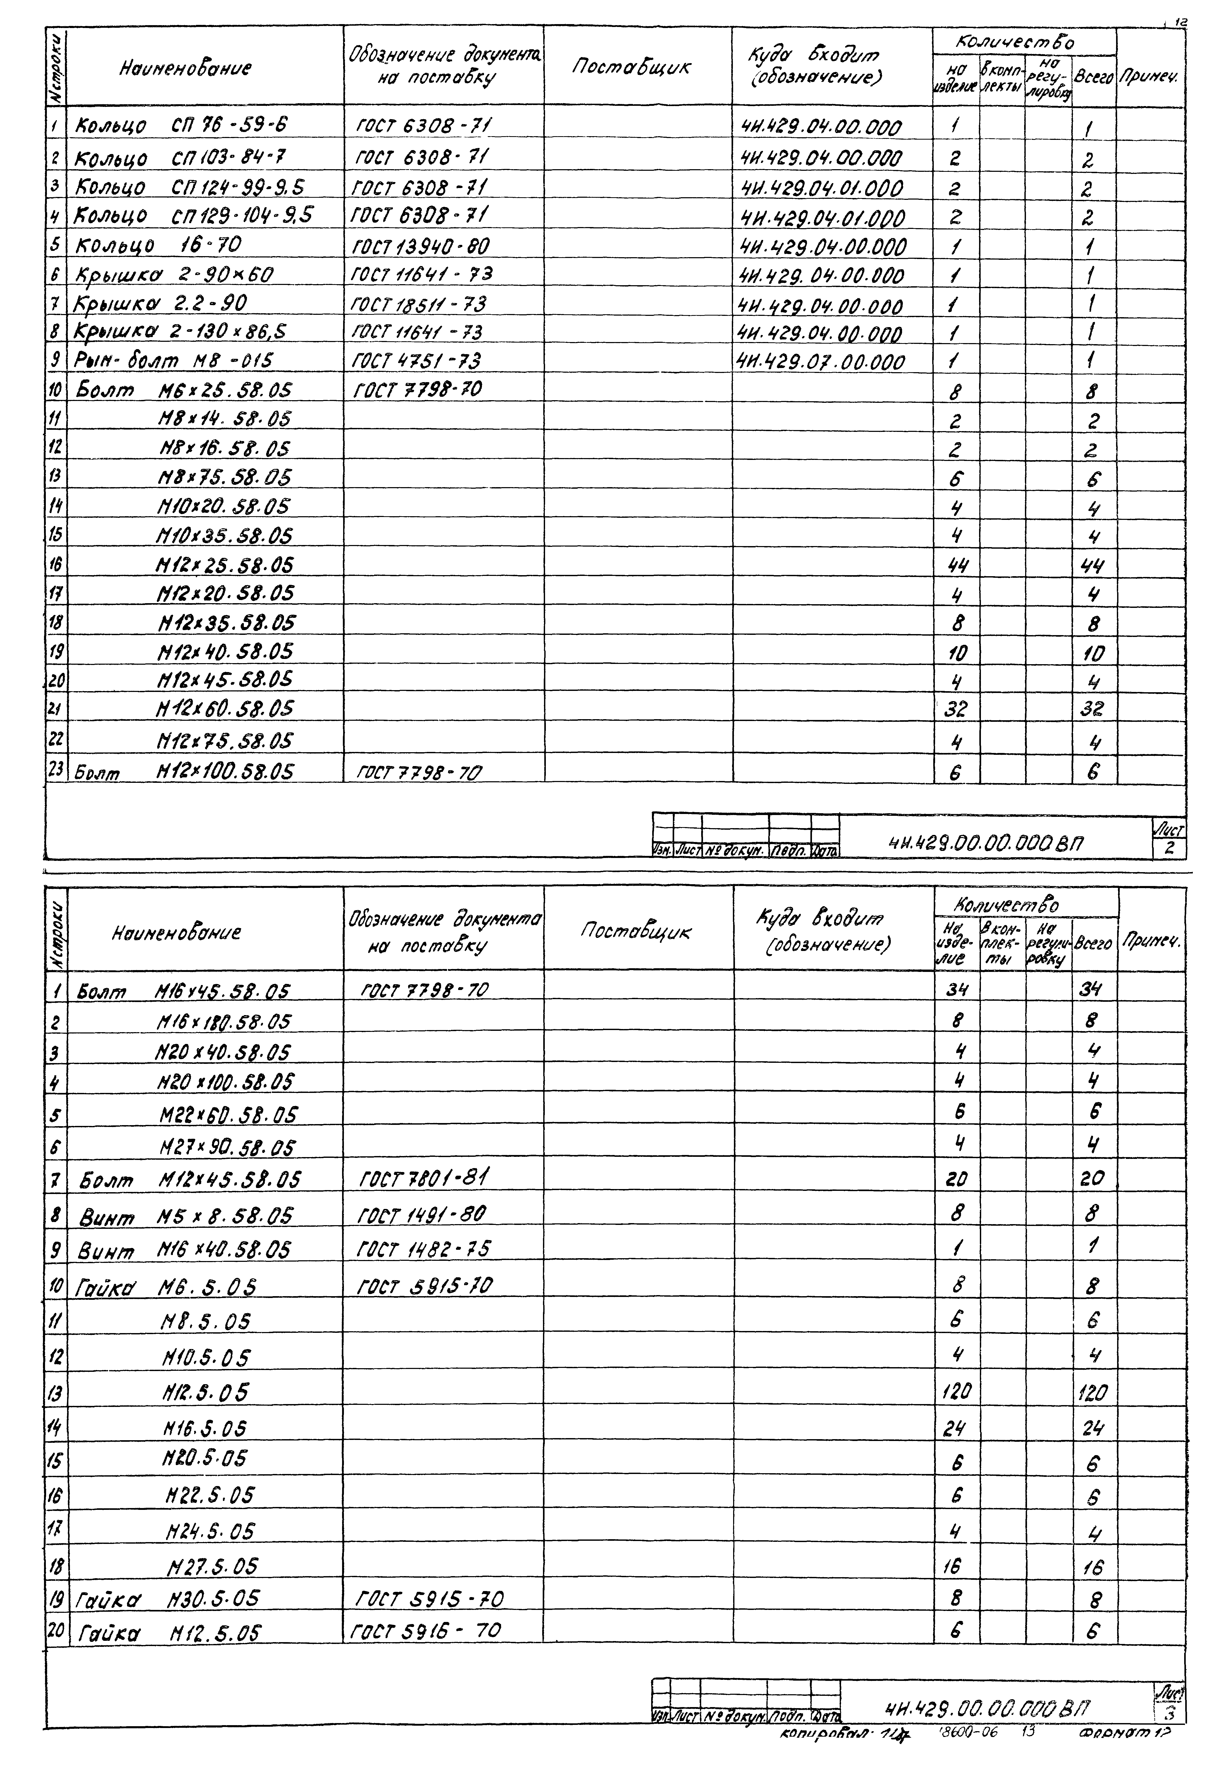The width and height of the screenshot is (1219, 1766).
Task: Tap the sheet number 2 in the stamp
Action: [x=1169, y=848]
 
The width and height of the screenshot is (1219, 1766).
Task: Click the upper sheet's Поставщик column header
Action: [x=631, y=67]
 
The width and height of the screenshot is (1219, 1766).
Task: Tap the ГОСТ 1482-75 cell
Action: [x=424, y=1249]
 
